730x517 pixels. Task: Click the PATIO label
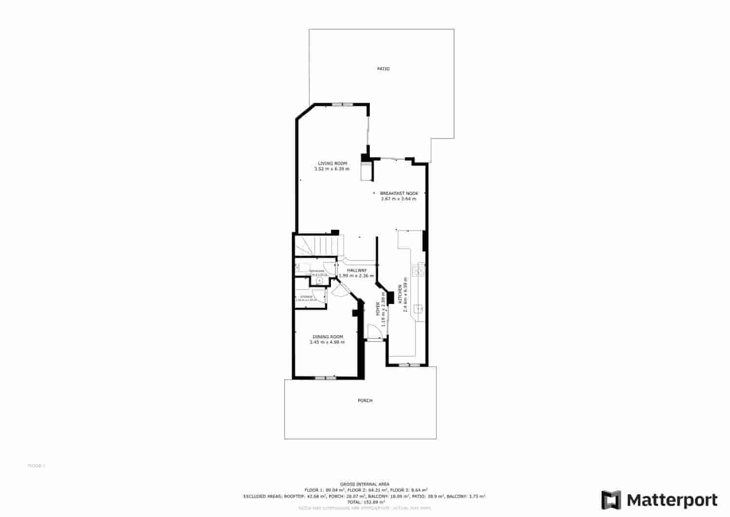tap(383, 69)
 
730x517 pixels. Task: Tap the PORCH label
tap(365, 401)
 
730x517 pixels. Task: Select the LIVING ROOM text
tap(332, 163)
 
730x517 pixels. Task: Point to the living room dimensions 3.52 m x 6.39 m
tap(332, 169)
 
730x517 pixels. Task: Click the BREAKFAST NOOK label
tap(399, 193)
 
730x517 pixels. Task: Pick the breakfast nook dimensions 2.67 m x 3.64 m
tap(399, 199)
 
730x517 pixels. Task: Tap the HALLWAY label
tap(357, 270)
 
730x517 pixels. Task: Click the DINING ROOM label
tap(328, 337)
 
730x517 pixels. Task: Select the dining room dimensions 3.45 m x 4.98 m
tap(327, 342)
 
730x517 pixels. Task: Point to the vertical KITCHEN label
tap(400, 294)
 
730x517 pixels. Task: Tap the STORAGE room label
tap(306, 297)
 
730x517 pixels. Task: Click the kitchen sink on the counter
tap(419, 309)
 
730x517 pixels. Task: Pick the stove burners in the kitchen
tap(419, 269)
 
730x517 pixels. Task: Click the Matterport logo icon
tap(611, 500)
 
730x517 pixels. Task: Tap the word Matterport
tap(672, 500)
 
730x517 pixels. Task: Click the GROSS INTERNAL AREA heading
tap(365, 484)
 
